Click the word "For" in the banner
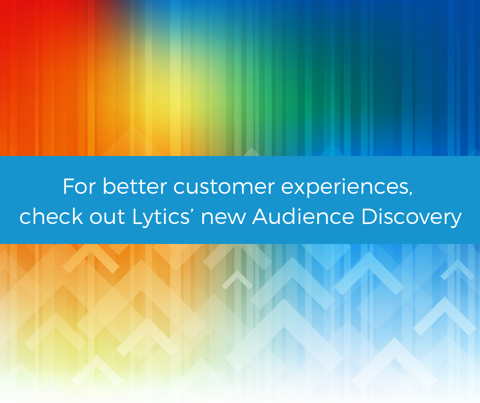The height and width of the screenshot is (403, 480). (x=79, y=187)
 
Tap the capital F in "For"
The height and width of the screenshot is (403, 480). (x=68, y=187)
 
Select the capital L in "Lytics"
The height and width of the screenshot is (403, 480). (x=136, y=217)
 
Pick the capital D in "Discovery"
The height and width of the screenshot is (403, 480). (x=369, y=217)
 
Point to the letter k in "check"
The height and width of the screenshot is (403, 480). (x=73, y=217)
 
